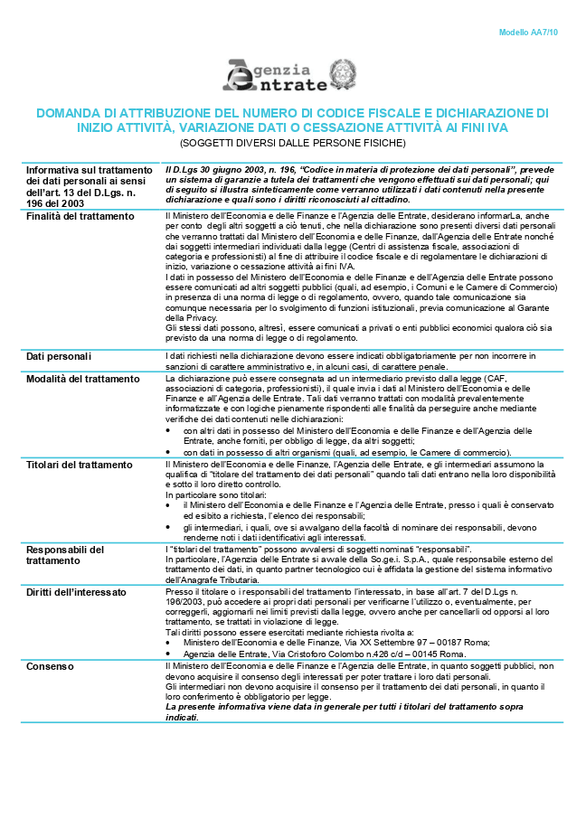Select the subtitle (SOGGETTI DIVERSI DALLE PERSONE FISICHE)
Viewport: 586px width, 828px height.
[292, 143]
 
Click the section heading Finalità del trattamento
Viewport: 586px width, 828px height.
[80, 216]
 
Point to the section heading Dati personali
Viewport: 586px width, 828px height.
[59, 356]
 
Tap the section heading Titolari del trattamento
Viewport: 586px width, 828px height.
[79, 465]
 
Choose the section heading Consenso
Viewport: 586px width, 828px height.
[51, 666]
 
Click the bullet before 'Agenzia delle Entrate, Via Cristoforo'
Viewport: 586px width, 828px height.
[170, 653]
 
